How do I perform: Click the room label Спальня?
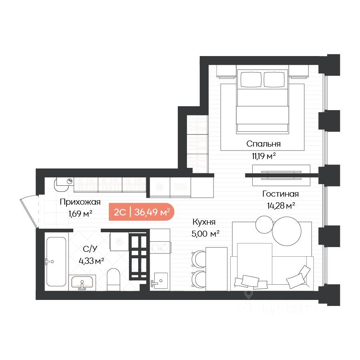click(x=263, y=144)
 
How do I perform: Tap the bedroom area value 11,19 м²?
click(x=263, y=156)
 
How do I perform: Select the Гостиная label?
click(x=280, y=194)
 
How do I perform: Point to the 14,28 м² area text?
click(x=281, y=206)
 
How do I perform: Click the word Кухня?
click(x=204, y=222)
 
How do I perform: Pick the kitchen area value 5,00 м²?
click(x=205, y=234)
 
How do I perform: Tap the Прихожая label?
click(x=80, y=202)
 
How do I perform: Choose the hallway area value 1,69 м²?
click(x=80, y=214)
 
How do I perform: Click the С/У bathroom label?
click(x=90, y=249)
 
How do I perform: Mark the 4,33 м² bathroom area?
click(x=91, y=261)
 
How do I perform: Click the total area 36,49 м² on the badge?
click(x=152, y=212)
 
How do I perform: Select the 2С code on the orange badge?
click(x=120, y=212)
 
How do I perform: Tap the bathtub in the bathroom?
click(x=56, y=261)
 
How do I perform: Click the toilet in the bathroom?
click(x=113, y=279)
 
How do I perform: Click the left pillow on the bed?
click(x=251, y=79)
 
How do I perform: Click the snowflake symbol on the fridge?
click(x=159, y=187)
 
